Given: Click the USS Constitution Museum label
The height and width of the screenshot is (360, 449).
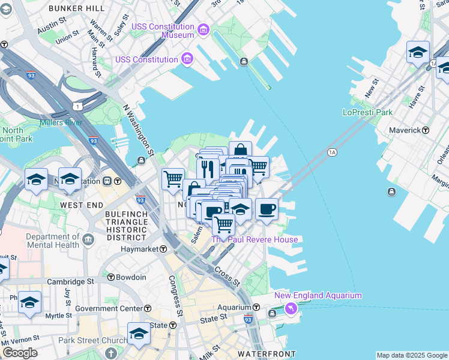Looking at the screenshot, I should pyautogui.click(x=178, y=31).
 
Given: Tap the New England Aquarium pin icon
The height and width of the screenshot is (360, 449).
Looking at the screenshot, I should pyautogui.click(x=291, y=308).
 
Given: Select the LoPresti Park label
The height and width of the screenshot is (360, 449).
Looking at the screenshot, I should pyautogui.click(x=367, y=112).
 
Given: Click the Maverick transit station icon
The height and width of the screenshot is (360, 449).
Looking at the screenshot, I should pyautogui.click(x=426, y=130).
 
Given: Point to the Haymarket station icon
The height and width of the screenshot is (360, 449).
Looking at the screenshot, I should pyautogui.click(x=163, y=249).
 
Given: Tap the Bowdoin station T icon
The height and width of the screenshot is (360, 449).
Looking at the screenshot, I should pyautogui.click(x=111, y=277).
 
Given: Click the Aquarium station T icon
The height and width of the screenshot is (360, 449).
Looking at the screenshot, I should pyautogui.click(x=256, y=307).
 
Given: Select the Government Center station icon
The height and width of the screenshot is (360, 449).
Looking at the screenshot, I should pyautogui.click(x=147, y=308).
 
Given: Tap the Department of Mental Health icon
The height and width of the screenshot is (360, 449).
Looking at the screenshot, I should pyautogui.click(x=88, y=241).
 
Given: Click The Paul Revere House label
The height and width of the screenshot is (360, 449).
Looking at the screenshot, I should pyautogui.click(x=255, y=239).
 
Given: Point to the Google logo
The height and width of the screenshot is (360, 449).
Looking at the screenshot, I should pyautogui.click(x=20, y=352).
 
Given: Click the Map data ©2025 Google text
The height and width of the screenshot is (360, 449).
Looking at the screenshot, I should pyautogui.click(x=412, y=355).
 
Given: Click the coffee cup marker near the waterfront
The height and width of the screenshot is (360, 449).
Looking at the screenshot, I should pyautogui.click(x=267, y=210).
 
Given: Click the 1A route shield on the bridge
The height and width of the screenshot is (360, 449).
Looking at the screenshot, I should pyautogui.click(x=331, y=153).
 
